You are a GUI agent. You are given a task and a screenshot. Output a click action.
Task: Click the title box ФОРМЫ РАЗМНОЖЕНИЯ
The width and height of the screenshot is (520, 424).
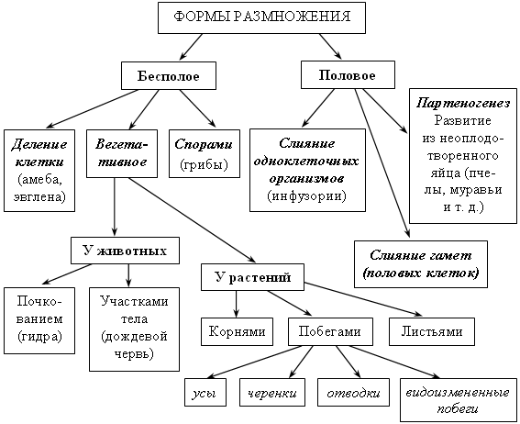tap(261, 17)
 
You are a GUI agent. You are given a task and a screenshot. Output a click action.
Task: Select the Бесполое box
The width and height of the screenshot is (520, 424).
tap(169, 75)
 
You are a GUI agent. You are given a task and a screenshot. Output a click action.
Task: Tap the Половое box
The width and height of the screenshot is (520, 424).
tap(348, 75)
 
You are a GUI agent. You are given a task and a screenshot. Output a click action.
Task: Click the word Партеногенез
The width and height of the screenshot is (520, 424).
tap(463, 103)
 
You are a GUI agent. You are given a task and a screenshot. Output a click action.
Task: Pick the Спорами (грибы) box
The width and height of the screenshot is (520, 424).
tap(205, 154)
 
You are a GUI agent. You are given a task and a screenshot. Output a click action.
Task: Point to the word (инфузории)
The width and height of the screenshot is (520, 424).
tap(306, 195)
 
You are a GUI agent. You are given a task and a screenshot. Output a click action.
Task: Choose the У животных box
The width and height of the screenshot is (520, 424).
tap(125, 251)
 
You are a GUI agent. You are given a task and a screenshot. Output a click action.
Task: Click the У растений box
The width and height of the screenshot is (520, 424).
tap(252, 277)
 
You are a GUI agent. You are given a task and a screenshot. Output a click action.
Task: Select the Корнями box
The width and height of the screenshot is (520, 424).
tap(237, 331)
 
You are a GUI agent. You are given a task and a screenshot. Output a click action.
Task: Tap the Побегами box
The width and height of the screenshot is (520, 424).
tap(330, 331)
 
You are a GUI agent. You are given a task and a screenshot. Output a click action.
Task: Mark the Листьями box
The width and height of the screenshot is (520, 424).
tap(432, 331)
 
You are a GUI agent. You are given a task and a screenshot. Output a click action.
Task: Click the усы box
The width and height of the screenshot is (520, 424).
tap(205, 393)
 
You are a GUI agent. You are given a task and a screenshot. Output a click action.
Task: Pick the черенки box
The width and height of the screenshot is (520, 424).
tap(272, 393)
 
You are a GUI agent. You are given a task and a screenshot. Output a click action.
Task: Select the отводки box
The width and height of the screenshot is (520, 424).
tap(353, 393)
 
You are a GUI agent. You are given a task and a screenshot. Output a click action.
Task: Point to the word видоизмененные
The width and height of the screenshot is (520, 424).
tap(458, 393)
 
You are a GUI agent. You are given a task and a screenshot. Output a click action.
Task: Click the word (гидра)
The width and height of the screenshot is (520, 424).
tap(39, 337)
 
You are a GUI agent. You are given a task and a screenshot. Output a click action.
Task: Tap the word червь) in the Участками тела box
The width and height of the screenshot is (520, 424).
tap(134, 353)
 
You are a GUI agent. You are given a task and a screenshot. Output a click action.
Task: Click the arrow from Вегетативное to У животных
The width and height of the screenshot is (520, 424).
tap(115, 206)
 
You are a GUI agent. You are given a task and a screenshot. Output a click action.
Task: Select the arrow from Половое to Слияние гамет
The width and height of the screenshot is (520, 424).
tap(382, 163)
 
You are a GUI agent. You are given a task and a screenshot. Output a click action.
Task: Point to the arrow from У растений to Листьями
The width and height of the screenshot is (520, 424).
tap(363, 299)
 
